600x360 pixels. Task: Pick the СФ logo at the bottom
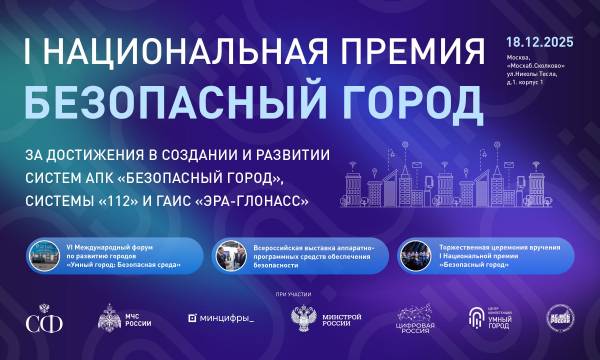(41, 320)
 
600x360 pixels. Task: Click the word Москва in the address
(520, 57)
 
